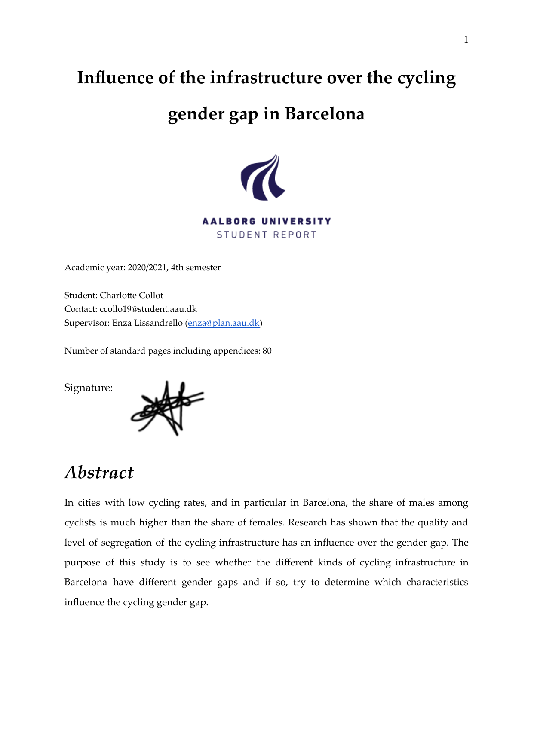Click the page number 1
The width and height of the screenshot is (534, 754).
pyautogui.click(x=466, y=40)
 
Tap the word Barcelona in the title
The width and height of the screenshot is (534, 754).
pyautogui.click(x=325, y=114)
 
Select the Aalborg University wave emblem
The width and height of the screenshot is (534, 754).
pyautogui.click(x=263, y=178)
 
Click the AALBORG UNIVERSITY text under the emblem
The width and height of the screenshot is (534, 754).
pyautogui.click(x=267, y=221)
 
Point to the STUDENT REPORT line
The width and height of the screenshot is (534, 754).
pyautogui.click(x=267, y=235)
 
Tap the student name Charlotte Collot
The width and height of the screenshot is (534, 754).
pyautogui.click(x=132, y=296)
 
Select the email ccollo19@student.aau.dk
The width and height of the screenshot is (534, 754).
pyautogui.click(x=148, y=309)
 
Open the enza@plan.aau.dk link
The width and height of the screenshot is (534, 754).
pyautogui.click(x=224, y=323)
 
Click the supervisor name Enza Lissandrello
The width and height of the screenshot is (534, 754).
pyautogui.click(x=147, y=323)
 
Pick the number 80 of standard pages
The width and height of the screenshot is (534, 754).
pyautogui.click(x=267, y=351)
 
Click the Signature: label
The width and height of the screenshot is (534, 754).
pyautogui.click(x=89, y=388)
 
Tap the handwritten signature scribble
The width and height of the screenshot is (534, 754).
pyautogui.click(x=168, y=407)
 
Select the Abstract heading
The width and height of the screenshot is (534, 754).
pyautogui.click(x=99, y=473)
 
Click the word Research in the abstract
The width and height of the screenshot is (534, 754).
pyautogui.click(x=306, y=523)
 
